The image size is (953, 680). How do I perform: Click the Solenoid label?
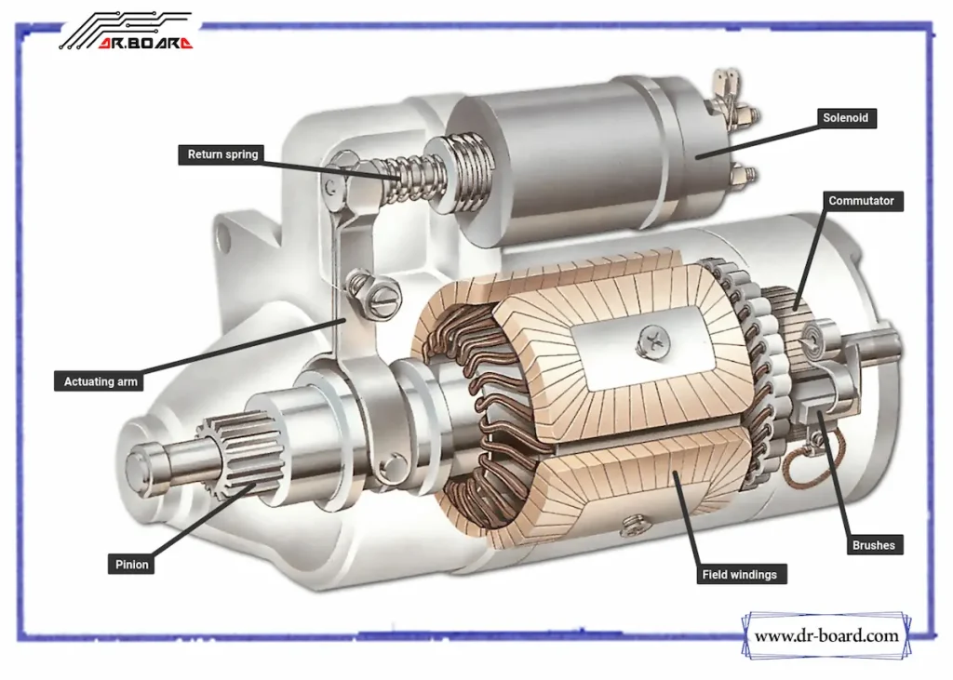point(846,118)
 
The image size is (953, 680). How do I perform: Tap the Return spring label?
point(222,154)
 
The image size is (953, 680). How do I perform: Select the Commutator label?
point(861,201)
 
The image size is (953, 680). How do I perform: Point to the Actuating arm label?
point(101,381)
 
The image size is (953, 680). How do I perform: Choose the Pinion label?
point(131,564)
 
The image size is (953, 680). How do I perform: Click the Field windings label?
point(739,575)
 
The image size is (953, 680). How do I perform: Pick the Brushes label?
point(872,545)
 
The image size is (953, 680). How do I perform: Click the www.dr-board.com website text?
point(826,636)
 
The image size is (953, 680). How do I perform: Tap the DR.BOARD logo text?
point(144,43)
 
